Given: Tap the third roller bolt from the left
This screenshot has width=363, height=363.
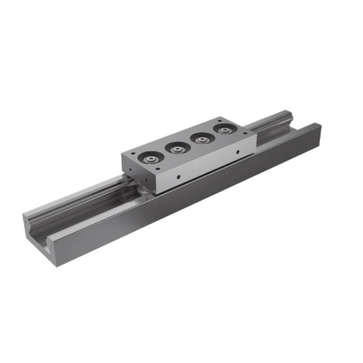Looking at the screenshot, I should [201, 139].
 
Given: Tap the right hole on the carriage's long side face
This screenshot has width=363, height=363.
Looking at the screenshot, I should [237, 153].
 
